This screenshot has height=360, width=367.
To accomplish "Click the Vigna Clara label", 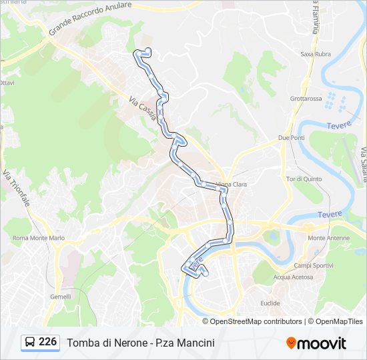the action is [x=231, y=184].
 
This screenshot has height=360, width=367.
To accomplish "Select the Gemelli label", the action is [x=60, y=297].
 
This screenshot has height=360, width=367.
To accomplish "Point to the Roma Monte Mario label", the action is [x=38, y=238].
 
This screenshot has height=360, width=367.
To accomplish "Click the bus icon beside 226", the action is [x=30, y=343].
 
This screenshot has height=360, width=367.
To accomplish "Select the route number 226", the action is [x=47, y=342].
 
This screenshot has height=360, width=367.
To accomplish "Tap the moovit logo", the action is [x=316, y=343].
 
